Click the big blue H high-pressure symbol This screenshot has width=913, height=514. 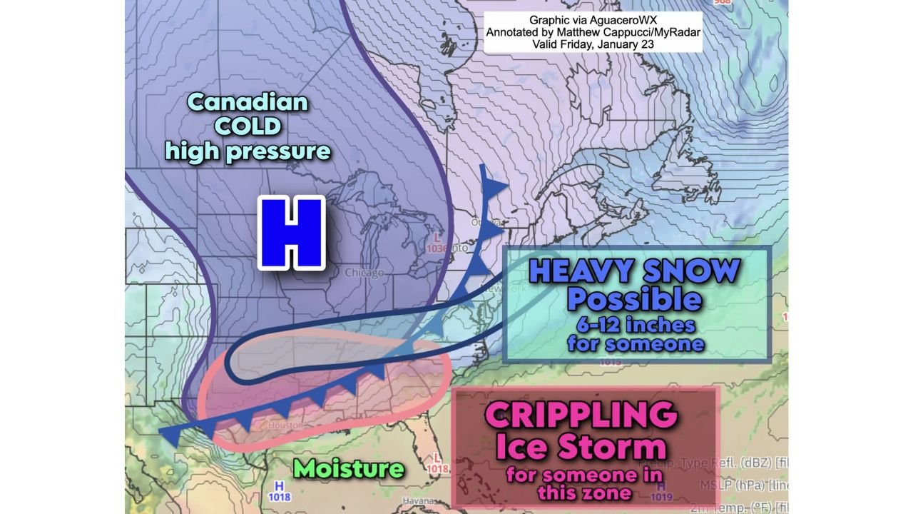coord(291,233)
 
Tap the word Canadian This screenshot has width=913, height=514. coord(248,102)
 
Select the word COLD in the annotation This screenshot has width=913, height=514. coord(248,126)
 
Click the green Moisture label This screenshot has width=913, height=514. coord(349,468)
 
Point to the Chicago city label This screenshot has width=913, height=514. coord(364,273)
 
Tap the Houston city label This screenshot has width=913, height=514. coord(285,425)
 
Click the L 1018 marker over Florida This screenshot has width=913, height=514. coord(437,464)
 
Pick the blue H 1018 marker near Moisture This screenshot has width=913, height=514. coord(279,491)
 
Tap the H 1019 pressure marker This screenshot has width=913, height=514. coord(661,491)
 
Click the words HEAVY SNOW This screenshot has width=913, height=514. coord(634,271)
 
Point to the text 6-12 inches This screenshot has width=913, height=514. coord(636,325)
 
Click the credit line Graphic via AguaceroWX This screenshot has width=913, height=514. coord(593,20)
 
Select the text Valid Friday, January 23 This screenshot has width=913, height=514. coord(593,44)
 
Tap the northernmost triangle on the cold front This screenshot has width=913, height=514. coord(495,188)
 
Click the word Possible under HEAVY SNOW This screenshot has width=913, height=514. coord(634,299)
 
